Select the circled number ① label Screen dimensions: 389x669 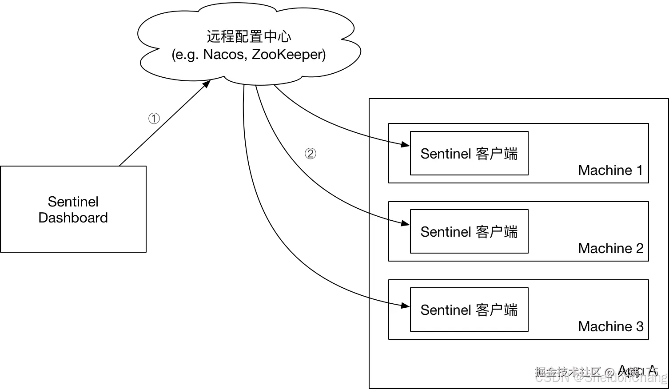tap(153, 119)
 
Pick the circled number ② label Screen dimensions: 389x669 tap(309, 154)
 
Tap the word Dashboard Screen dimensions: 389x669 tap(73, 218)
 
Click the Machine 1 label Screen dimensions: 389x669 tap(610, 170)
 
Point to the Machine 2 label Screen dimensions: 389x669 tap(610, 248)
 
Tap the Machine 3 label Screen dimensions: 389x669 tap(610, 326)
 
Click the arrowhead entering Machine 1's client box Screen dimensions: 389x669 tap(406, 144)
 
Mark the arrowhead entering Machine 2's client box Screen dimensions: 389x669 tap(406, 223)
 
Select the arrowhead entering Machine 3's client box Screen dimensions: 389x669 tap(406, 306)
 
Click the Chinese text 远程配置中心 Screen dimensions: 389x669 tap(249, 36)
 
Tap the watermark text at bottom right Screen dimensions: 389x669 tap(600, 374)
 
